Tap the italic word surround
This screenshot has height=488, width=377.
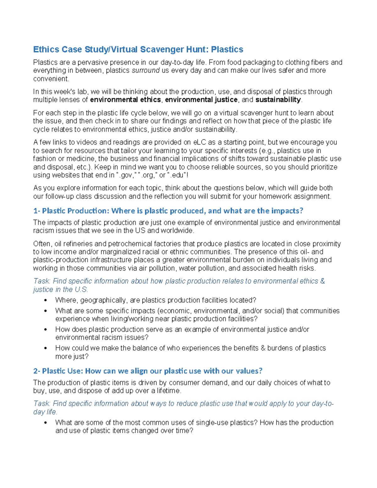(x=145, y=70)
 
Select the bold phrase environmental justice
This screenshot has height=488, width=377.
(x=201, y=100)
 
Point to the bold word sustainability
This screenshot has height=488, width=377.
(x=278, y=100)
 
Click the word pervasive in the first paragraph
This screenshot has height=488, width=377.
(x=92, y=62)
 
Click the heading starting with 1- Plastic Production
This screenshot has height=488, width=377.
(x=168, y=211)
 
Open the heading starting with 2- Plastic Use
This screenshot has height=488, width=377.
(x=148, y=371)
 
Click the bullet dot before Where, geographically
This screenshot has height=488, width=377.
(x=46, y=300)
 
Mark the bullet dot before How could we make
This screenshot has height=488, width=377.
(x=46, y=348)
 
